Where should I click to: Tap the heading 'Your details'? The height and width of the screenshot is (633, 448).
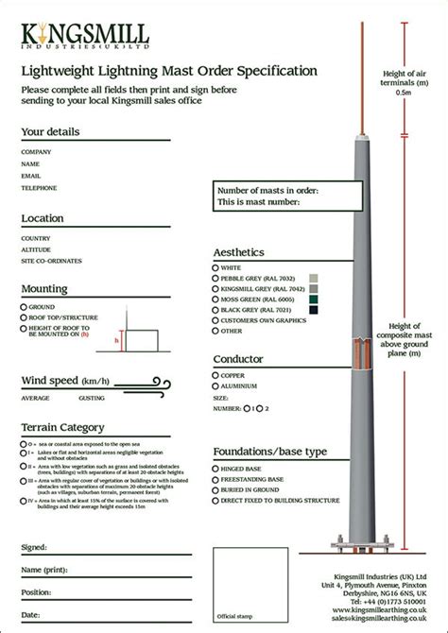(50, 131)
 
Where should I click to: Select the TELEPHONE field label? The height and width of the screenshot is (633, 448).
(39, 188)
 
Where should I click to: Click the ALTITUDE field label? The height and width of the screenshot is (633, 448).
(36, 249)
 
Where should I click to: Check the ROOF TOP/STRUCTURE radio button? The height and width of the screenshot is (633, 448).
(23, 318)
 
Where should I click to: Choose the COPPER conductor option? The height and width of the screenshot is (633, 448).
(215, 376)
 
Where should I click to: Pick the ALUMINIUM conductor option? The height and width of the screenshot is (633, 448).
(215, 386)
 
